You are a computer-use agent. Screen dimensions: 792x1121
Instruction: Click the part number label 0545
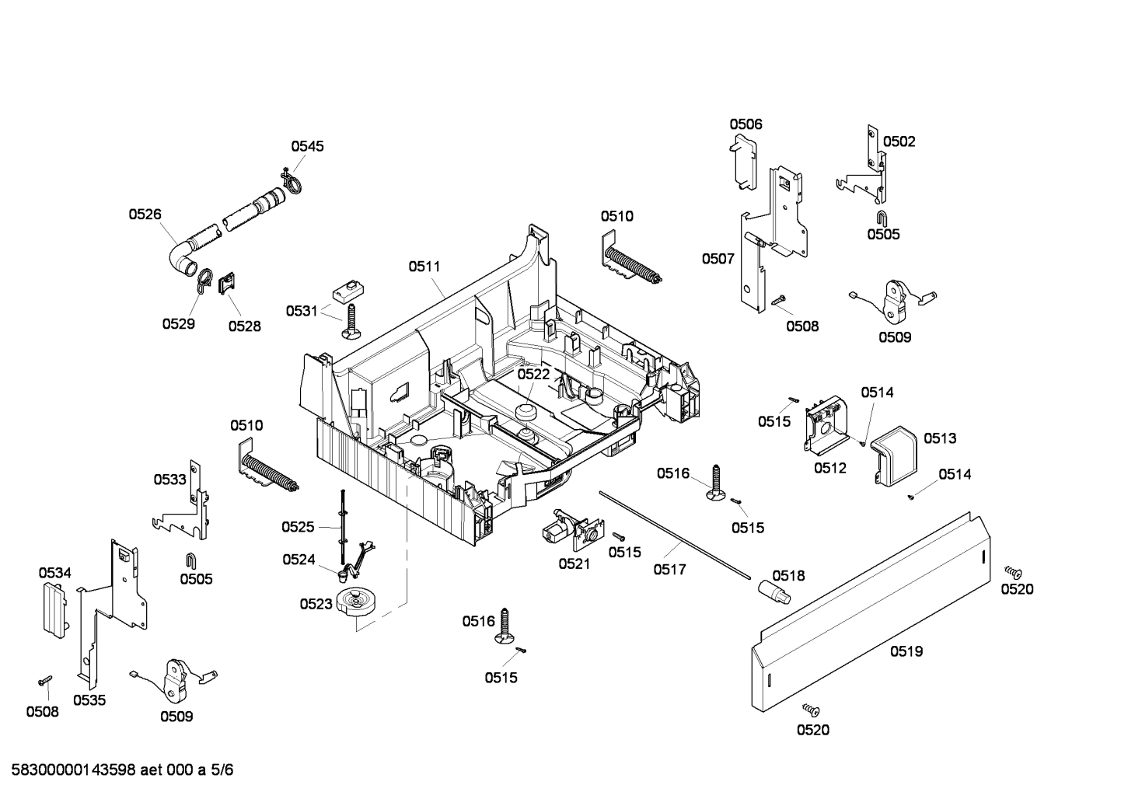click(307, 146)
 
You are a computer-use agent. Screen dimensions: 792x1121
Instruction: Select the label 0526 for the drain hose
click(145, 214)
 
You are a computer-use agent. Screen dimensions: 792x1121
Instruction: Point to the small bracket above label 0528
click(227, 283)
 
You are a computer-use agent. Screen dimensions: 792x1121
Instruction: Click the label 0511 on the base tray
click(424, 266)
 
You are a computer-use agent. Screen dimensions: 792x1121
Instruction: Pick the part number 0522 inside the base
click(533, 374)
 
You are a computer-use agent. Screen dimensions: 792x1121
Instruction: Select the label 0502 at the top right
click(899, 141)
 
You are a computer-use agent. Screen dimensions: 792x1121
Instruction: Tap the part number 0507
click(718, 259)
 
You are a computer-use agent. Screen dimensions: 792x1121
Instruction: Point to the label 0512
click(829, 468)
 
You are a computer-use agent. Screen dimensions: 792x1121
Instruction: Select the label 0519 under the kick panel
click(906, 651)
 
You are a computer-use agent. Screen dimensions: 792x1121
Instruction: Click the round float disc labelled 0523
click(357, 604)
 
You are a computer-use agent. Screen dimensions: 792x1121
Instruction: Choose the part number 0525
click(298, 527)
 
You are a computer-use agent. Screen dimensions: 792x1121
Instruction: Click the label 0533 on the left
click(169, 480)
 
